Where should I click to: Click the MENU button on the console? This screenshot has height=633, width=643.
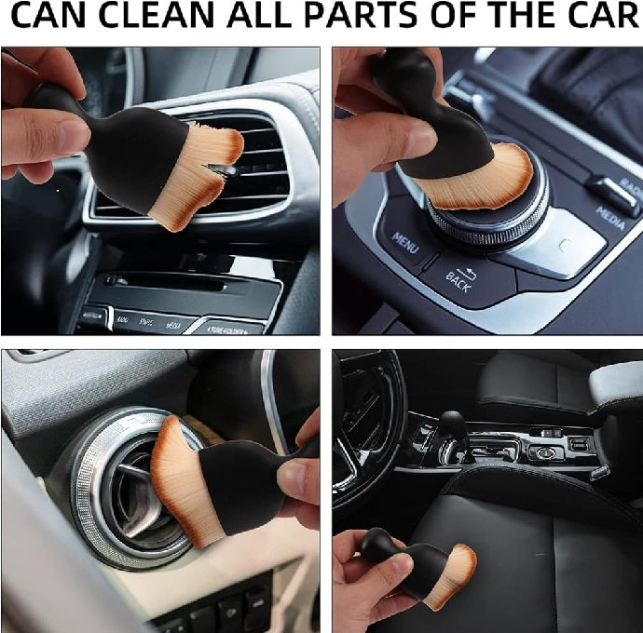[405, 239]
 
